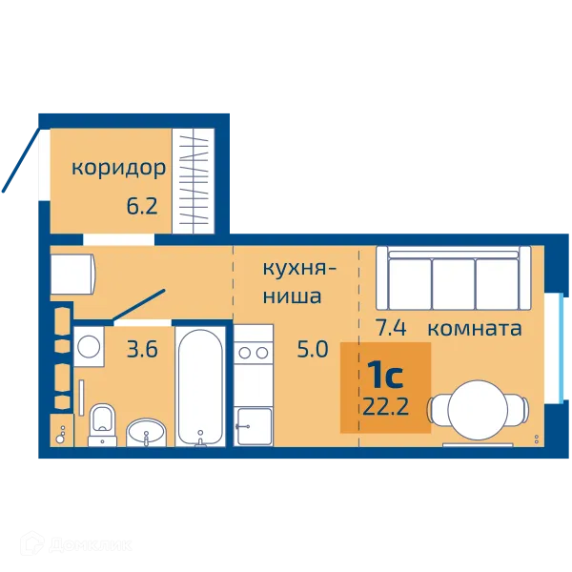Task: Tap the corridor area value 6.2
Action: click(x=142, y=205)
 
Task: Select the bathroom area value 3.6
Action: click(x=142, y=349)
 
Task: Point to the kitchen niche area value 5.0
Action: click(x=313, y=349)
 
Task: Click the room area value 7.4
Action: click(x=391, y=327)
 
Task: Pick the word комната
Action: click(x=475, y=328)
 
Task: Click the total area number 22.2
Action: click(x=385, y=407)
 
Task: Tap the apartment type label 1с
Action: click(x=385, y=376)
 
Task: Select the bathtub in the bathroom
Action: click(x=200, y=386)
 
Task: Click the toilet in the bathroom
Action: click(x=102, y=424)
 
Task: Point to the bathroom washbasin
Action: click(x=146, y=432)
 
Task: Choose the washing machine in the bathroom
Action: click(x=89, y=347)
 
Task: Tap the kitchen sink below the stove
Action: click(x=254, y=426)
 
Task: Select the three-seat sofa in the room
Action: click(x=454, y=278)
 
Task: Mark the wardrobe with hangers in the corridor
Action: click(x=194, y=180)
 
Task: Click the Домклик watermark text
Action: click(x=91, y=545)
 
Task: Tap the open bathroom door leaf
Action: click(x=138, y=305)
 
